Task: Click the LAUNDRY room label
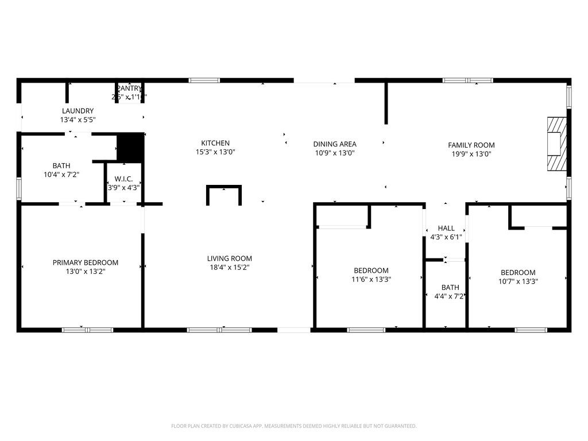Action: point(78,111)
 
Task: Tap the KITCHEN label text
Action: point(215,143)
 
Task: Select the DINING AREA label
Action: point(335,144)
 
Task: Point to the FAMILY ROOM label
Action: point(471,145)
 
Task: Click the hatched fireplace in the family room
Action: point(555,144)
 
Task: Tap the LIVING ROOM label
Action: point(230,258)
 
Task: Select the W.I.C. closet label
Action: point(123,179)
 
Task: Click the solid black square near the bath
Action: point(130,147)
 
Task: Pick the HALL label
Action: point(446,228)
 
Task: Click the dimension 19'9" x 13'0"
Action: point(471,154)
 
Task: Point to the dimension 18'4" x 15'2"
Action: point(230,267)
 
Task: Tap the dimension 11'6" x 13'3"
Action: point(371,279)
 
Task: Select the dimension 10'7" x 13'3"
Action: point(518,281)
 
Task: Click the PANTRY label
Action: point(129,88)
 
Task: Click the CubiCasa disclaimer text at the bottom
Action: point(293,426)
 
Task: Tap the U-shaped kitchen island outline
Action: point(224,194)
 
